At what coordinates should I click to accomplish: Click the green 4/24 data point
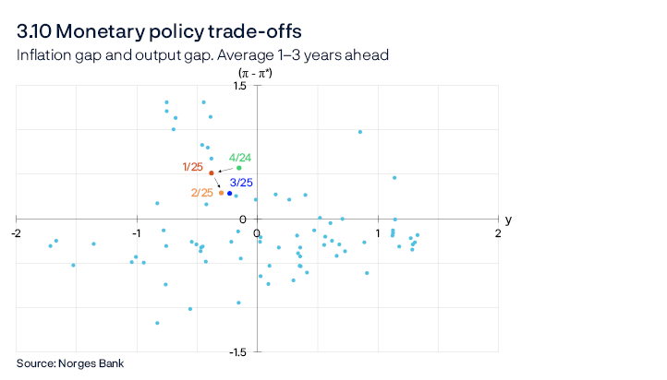(x=239, y=168)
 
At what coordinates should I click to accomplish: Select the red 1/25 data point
(x=212, y=173)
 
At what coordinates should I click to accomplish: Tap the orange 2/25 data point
(x=222, y=192)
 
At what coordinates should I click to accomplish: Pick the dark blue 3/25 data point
(x=230, y=194)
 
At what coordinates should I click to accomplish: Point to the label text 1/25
(x=193, y=167)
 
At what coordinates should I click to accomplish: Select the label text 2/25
(x=201, y=193)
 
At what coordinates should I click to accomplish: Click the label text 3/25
(x=241, y=183)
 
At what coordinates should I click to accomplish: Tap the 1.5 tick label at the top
(x=266, y=86)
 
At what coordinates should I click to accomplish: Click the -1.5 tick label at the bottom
(x=264, y=352)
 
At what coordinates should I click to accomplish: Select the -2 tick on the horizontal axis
(x=16, y=232)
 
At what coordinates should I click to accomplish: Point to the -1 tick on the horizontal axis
(x=136, y=232)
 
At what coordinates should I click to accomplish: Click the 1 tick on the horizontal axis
(x=378, y=232)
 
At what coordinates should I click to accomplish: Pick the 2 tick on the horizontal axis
(x=498, y=232)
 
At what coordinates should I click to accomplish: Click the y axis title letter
(x=508, y=220)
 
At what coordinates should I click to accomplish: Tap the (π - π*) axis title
(x=257, y=72)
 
